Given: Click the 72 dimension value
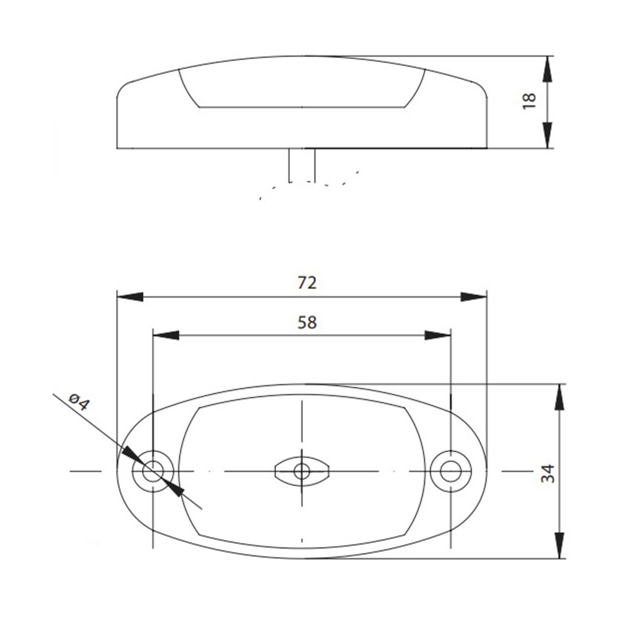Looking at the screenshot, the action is click(307, 283).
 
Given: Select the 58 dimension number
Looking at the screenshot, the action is click(307, 323).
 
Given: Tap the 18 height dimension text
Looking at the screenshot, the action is click(529, 101).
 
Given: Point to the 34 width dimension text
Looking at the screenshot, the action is click(548, 474).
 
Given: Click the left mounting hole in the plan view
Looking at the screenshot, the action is click(153, 472).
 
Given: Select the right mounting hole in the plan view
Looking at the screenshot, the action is click(451, 472).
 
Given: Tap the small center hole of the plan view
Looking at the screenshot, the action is click(302, 472).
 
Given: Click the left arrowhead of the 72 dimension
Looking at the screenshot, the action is click(130, 297).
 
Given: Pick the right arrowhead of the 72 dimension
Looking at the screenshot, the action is click(474, 297).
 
